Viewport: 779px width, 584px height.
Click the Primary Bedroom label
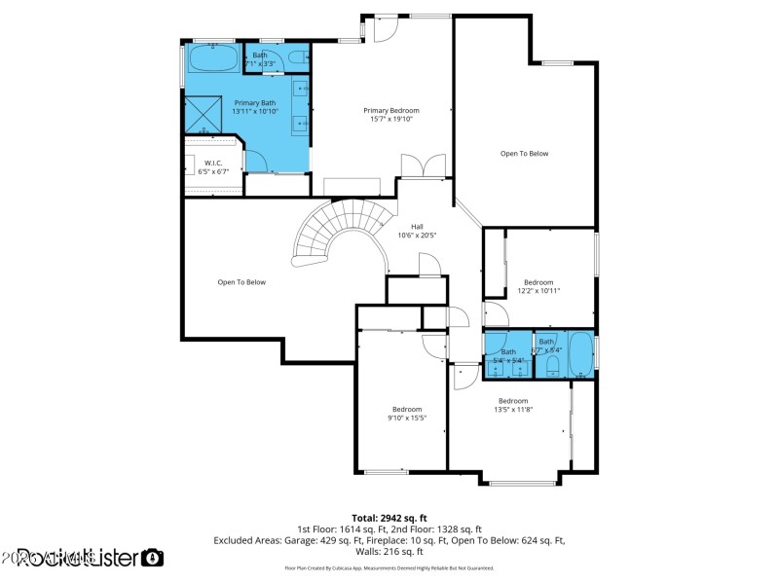(x=389, y=115)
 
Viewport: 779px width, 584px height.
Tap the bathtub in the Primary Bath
(x=212, y=57)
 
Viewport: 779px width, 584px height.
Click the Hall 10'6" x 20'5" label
(x=417, y=231)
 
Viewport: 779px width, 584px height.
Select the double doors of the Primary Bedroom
(x=424, y=166)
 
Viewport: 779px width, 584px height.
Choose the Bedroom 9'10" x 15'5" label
(x=407, y=413)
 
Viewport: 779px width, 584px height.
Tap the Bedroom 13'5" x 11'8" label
(x=513, y=405)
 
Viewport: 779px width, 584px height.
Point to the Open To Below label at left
(x=241, y=282)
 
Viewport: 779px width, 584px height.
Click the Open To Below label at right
(x=525, y=154)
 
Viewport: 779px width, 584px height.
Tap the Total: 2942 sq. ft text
(x=389, y=518)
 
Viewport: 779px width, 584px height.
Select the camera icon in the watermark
(x=153, y=558)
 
